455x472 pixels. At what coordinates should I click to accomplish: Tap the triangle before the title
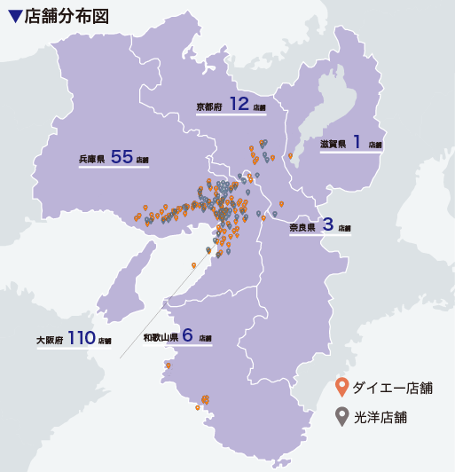[14, 17]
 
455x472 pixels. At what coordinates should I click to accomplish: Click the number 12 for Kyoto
[239, 104]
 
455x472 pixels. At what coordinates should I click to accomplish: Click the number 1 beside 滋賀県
[357, 141]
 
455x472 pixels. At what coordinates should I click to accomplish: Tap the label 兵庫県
[92, 159]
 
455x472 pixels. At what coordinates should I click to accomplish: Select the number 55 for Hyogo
[122, 157]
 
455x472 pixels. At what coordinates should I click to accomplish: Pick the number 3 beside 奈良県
[327, 224]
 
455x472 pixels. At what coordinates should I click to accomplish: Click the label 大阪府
[50, 340]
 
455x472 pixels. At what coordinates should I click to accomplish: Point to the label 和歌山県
[161, 338]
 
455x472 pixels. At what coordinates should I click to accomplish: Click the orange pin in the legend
[341, 388]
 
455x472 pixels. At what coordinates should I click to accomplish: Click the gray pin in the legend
[341, 416]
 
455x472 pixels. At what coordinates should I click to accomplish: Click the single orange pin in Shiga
[290, 156]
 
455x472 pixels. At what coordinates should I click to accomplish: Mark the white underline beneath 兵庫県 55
[114, 167]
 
